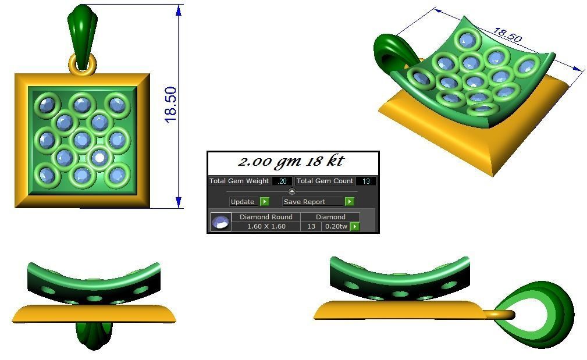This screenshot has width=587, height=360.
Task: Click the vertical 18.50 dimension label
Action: click(170, 104)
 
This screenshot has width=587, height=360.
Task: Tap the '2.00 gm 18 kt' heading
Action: click(293, 162)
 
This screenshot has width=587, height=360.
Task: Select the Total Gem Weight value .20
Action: click(282, 181)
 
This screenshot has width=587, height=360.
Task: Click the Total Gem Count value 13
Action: click(366, 181)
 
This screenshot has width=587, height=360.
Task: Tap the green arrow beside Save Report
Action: click(349, 202)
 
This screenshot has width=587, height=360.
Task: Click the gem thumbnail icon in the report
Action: click(220, 222)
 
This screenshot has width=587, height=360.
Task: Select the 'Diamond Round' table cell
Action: click(266, 217)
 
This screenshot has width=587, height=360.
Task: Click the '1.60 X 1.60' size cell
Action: click(266, 226)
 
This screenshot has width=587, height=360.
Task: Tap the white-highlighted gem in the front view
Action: click(100, 157)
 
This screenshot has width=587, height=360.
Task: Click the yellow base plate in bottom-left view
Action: click(93, 313)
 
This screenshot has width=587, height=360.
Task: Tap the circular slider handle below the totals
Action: click(292, 191)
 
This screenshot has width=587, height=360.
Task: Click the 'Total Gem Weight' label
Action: click(239, 181)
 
